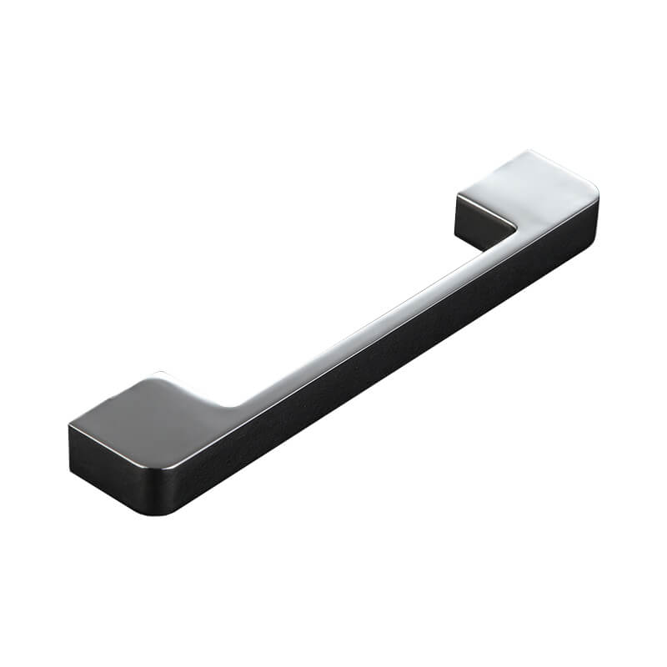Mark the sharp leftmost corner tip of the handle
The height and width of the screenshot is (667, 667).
click(x=68, y=427)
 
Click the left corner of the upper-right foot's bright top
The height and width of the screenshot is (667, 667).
click(x=457, y=194)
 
